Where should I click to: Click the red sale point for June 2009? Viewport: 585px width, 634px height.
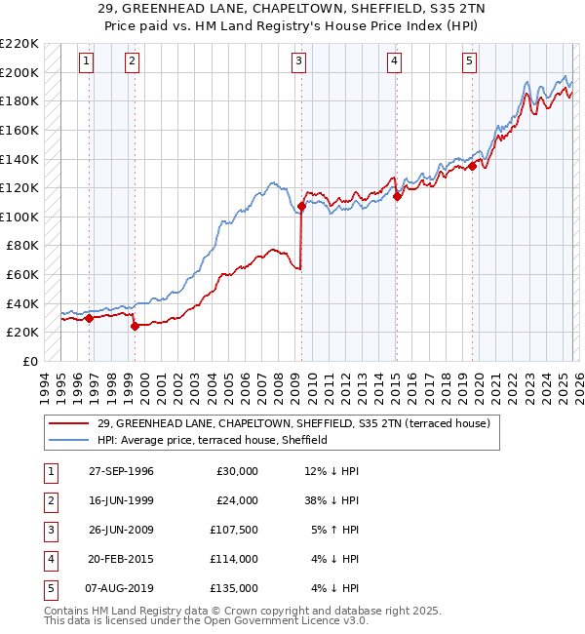click(x=302, y=206)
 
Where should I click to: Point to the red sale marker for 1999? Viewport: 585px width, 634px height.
click(x=135, y=327)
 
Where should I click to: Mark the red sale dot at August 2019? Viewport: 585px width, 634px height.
click(x=472, y=166)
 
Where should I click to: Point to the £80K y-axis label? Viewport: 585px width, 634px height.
click(x=22, y=246)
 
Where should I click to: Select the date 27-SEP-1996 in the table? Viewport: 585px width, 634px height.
click(x=121, y=471)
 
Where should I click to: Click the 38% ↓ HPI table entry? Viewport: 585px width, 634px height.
click(x=331, y=500)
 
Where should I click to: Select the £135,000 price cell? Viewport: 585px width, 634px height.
click(x=234, y=588)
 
